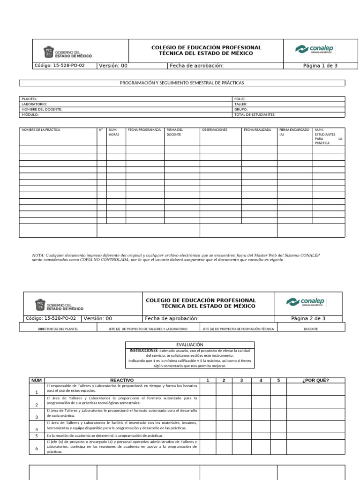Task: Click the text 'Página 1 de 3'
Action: (x=320, y=66)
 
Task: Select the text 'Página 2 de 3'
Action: (x=308, y=319)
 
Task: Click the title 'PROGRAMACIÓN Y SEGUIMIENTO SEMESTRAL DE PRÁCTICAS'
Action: (x=182, y=83)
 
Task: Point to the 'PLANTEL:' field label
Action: (x=29, y=99)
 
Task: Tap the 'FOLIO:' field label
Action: (x=240, y=99)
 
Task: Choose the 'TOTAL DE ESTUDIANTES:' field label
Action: (x=255, y=114)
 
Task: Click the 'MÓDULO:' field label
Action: (x=30, y=114)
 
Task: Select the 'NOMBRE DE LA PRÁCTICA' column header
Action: (x=41, y=130)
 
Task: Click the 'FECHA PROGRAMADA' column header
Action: (x=144, y=130)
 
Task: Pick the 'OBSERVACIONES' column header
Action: (x=214, y=130)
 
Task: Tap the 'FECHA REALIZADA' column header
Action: (x=257, y=130)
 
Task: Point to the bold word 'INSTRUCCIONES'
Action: (x=143, y=351)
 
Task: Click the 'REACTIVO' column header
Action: (x=122, y=380)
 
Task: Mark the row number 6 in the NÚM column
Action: (x=37, y=449)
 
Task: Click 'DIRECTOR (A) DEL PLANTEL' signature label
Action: (x=58, y=329)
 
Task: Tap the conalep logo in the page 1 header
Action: (x=315, y=49)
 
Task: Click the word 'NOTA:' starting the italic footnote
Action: (x=38, y=255)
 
